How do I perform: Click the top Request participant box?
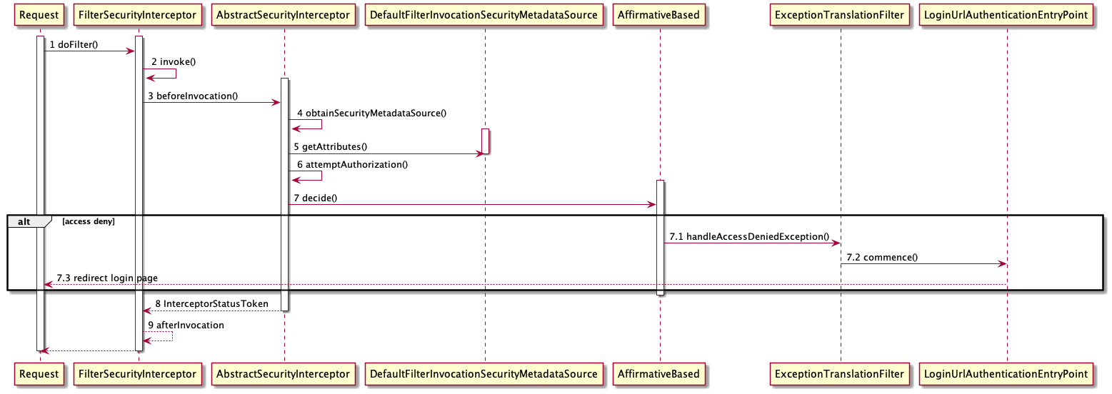(x=40, y=15)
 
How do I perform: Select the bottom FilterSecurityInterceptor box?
(x=136, y=373)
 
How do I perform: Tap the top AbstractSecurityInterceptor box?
(x=284, y=15)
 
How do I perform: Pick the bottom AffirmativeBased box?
(x=659, y=373)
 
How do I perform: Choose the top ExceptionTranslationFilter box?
(x=840, y=15)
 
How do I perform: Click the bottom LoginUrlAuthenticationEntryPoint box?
(x=1006, y=373)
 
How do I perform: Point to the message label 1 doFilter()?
(x=74, y=45)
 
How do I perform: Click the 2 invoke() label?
(x=174, y=62)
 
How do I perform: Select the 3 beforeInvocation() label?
(x=193, y=96)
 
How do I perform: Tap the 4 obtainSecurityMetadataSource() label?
(x=371, y=113)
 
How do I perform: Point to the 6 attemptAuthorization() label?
(x=352, y=165)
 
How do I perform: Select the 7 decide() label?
(x=314, y=198)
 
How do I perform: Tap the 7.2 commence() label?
(x=881, y=257)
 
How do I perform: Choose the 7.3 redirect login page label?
(x=107, y=278)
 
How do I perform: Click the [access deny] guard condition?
(x=89, y=222)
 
